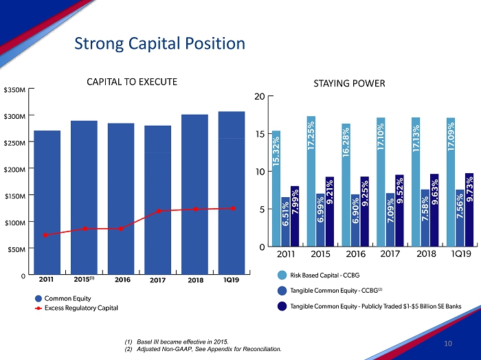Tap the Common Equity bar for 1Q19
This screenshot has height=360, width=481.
tap(232, 192)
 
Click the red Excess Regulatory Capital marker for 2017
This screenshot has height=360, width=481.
tap(158, 211)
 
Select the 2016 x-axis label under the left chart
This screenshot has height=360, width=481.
tap(122, 280)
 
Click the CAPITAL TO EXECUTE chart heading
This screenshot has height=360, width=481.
tap(132, 82)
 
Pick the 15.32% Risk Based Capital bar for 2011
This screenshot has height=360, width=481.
tap(276, 188)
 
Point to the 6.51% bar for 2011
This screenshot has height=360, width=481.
tap(285, 221)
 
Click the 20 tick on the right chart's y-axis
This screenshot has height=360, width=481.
tap(259, 96)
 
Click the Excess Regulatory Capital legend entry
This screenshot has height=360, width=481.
tap(80, 308)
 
